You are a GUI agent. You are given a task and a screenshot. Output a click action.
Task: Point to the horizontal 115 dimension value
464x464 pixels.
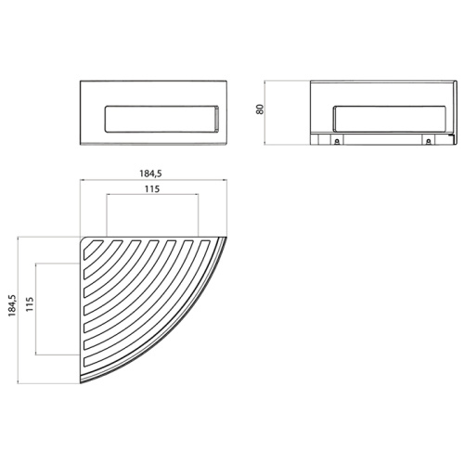[x=153, y=188]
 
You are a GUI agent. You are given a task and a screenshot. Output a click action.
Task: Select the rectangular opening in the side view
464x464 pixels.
[x=384, y=118]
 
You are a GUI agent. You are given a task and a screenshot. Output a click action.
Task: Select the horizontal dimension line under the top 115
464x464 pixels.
[x=153, y=195]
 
